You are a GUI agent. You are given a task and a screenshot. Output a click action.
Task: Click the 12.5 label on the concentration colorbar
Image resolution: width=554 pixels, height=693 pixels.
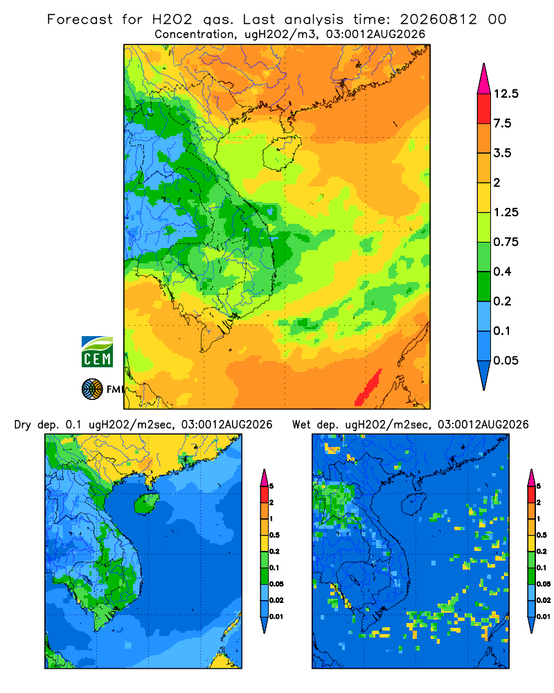(x=506, y=94)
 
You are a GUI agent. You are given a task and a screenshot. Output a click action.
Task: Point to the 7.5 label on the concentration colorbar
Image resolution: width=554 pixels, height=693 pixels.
(x=502, y=123)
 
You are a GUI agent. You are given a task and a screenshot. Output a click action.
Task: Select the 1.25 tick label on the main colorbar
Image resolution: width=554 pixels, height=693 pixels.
(x=506, y=212)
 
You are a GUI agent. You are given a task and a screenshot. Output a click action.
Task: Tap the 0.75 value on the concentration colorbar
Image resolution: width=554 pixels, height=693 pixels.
(x=506, y=242)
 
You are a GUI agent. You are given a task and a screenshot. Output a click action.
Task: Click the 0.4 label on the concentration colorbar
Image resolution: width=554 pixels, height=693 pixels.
(x=502, y=272)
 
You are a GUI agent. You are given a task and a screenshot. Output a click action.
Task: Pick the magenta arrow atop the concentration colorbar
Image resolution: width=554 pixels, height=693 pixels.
(x=484, y=80)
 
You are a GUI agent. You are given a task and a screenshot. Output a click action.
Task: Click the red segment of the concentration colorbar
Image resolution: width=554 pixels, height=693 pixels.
(x=484, y=109)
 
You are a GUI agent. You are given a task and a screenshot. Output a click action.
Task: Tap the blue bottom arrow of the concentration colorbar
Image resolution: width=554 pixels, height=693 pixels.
(x=484, y=375)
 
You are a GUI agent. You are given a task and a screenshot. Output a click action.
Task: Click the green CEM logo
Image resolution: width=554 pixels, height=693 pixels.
(x=97, y=352)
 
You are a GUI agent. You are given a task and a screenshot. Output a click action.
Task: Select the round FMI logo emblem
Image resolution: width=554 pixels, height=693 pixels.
(x=92, y=389)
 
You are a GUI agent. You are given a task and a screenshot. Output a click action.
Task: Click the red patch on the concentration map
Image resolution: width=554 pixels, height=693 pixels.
(x=368, y=387)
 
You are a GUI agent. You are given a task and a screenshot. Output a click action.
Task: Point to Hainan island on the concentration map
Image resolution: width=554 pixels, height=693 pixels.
(x=281, y=153)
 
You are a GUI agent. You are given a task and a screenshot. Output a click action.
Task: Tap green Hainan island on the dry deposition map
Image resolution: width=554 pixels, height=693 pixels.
(x=146, y=503)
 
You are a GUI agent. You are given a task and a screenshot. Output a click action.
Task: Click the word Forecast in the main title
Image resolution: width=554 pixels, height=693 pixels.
(x=80, y=19)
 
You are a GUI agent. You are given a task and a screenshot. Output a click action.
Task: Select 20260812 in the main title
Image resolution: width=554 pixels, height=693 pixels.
(x=438, y=19)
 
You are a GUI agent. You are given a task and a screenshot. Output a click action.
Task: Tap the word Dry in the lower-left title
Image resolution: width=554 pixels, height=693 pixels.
(x=23, y=425)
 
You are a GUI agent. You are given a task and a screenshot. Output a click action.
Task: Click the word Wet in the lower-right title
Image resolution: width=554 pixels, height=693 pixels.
(x=302, y=425)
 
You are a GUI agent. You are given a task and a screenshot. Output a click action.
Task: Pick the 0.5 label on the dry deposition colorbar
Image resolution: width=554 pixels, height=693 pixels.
(x=274, y=535)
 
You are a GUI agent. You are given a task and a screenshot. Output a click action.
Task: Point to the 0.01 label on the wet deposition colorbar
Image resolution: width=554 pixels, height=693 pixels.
(x=544, y=617)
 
